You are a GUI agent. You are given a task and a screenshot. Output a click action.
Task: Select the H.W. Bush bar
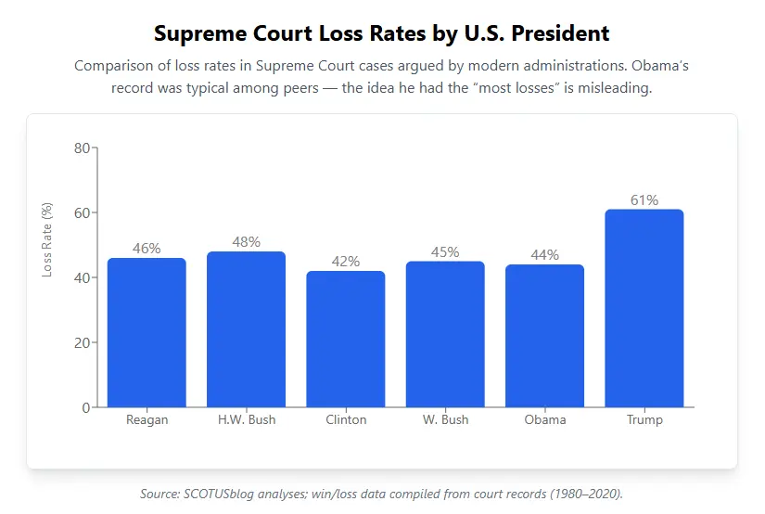click(246, 329)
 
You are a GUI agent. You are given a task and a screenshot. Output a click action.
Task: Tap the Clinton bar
click(346, 339)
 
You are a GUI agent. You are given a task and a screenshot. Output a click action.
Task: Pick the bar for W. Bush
click(445, 334)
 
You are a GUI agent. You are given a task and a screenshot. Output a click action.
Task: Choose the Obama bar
click(544, 336)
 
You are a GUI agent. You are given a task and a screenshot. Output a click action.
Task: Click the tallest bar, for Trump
click(644, 308)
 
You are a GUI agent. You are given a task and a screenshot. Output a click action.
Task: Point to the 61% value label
click(644, 200)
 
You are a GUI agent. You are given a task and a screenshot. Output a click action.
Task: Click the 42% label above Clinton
click(346, 262)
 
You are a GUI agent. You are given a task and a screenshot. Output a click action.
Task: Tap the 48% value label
click(246, 242)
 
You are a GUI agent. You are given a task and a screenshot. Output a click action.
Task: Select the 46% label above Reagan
click(147, 249)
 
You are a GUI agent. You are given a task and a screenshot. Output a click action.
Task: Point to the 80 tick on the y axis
click(82, 148)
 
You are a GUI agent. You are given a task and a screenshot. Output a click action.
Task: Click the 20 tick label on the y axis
click(82, 342)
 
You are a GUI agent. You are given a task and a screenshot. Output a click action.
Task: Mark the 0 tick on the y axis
click(86, 407)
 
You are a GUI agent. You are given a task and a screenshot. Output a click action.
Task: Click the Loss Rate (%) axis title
click(47, 239)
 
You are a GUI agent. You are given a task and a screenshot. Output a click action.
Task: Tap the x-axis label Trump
click(644, 420)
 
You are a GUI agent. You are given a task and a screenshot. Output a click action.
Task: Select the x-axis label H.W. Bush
click(246, 420)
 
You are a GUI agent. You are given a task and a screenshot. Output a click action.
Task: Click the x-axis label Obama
click(544, 420)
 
